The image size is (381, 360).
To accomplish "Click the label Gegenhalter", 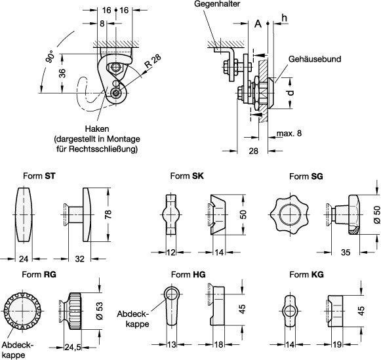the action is (217, 4).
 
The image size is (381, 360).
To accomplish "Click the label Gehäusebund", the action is (315, 59).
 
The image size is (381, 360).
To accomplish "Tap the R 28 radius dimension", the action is (152, 61).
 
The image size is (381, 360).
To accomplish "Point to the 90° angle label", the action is (50, 57).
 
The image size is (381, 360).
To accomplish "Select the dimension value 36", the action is (62, 73).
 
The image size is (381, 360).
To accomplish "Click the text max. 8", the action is (289, 133).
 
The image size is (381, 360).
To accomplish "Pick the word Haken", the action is (97, 129).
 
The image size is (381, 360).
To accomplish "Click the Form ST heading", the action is (39, 176).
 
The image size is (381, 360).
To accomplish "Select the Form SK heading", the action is (187, 176).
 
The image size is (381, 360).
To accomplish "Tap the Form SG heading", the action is (306, 176).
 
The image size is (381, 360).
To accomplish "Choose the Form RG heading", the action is (39, 275).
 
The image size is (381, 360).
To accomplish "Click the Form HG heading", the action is (188, 275).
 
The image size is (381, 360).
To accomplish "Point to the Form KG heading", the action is (306, 275).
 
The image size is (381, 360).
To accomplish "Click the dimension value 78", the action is (108, 214).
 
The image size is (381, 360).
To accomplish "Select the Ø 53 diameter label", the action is (100, 311).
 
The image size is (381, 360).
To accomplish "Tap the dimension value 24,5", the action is (72, 348).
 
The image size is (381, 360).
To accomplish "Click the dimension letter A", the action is (258, 24).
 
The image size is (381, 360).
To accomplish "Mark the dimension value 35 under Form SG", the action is (346, 252).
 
